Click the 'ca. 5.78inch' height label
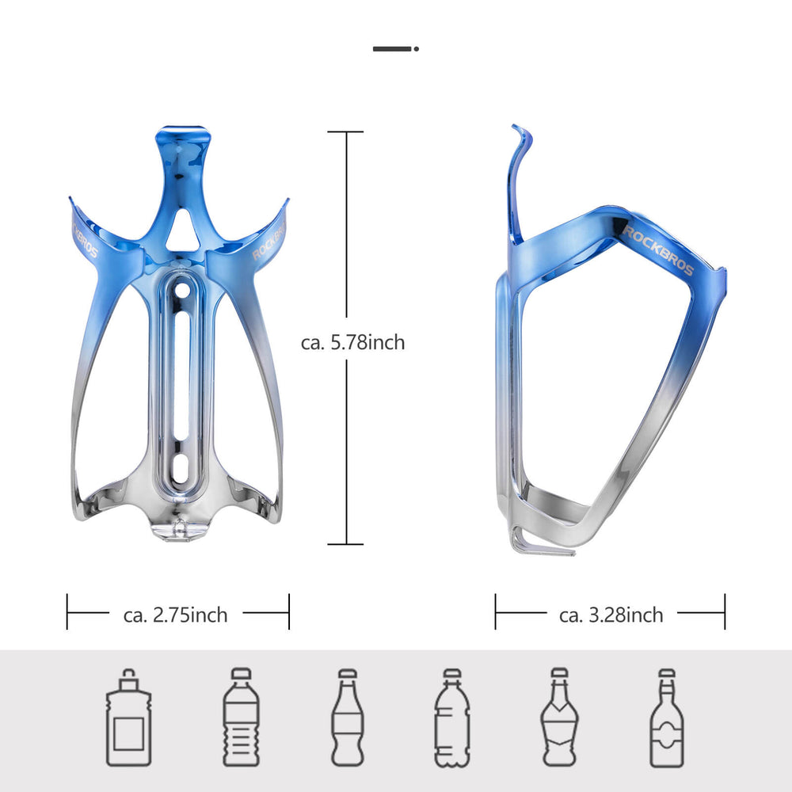352,342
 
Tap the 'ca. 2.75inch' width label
175,615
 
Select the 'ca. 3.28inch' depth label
611,615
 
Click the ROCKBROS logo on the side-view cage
658,249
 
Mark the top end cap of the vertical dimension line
345,132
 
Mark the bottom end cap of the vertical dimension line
345,544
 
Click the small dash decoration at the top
395,48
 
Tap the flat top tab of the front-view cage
183,131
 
